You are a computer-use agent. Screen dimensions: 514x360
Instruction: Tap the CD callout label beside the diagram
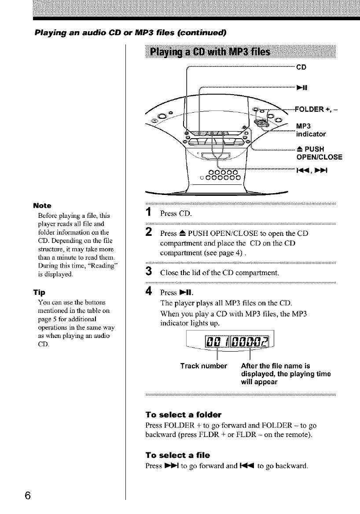coord(301,68)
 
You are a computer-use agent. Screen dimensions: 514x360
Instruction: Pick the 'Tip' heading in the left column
coord(38,292)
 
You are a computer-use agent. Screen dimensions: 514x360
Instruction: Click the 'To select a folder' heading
coord(184,415)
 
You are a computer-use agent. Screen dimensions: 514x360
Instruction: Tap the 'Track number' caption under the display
coord(204,366)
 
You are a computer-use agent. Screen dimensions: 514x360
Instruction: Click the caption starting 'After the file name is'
coord(276,366)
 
